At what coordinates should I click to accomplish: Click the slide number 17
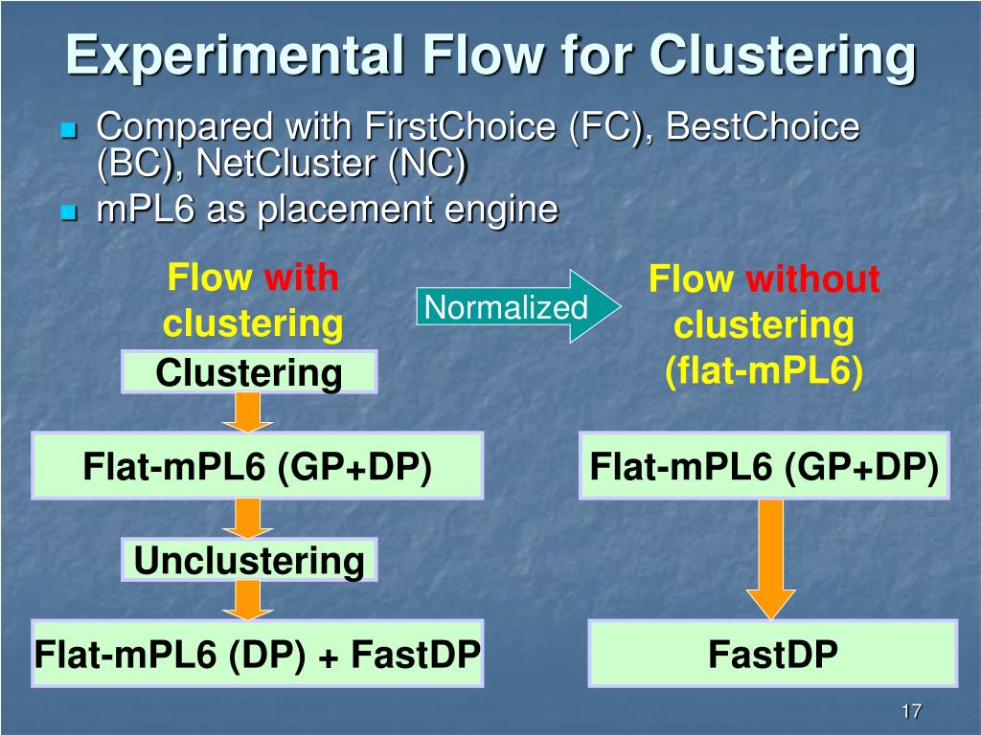(910, 711)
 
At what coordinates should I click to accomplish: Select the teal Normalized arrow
(517, 307)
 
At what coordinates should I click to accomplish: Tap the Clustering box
(249, 372)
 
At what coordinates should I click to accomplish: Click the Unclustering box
(249, 560)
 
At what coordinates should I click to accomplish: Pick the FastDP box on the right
(772, 654)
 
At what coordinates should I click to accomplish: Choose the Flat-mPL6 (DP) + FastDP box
(257, 654)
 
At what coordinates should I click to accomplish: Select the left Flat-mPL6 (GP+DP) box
(257, 466)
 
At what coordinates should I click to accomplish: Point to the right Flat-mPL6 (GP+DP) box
(764, 466)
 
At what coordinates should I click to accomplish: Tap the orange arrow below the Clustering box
(248, 412)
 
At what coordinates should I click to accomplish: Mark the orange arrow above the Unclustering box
(248, 518)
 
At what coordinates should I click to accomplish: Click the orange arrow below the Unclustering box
(248, 600)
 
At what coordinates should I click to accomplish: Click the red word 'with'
(301, 278)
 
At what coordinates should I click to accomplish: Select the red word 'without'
(812, 280)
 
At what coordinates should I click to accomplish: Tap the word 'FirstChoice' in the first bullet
(446, 126)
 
